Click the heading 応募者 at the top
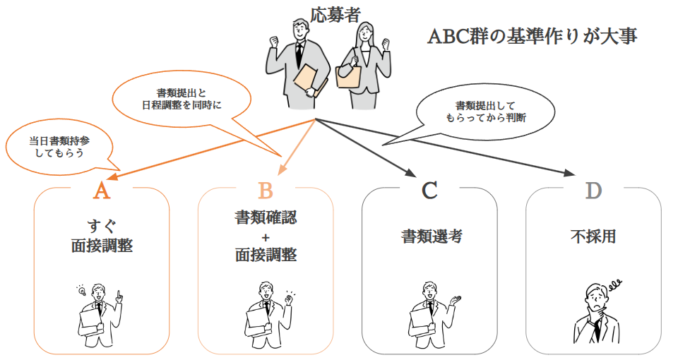335,13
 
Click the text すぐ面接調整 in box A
102,236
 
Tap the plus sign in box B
266,236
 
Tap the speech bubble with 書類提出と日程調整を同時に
183,99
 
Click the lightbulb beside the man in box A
81,291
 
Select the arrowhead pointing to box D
569,174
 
